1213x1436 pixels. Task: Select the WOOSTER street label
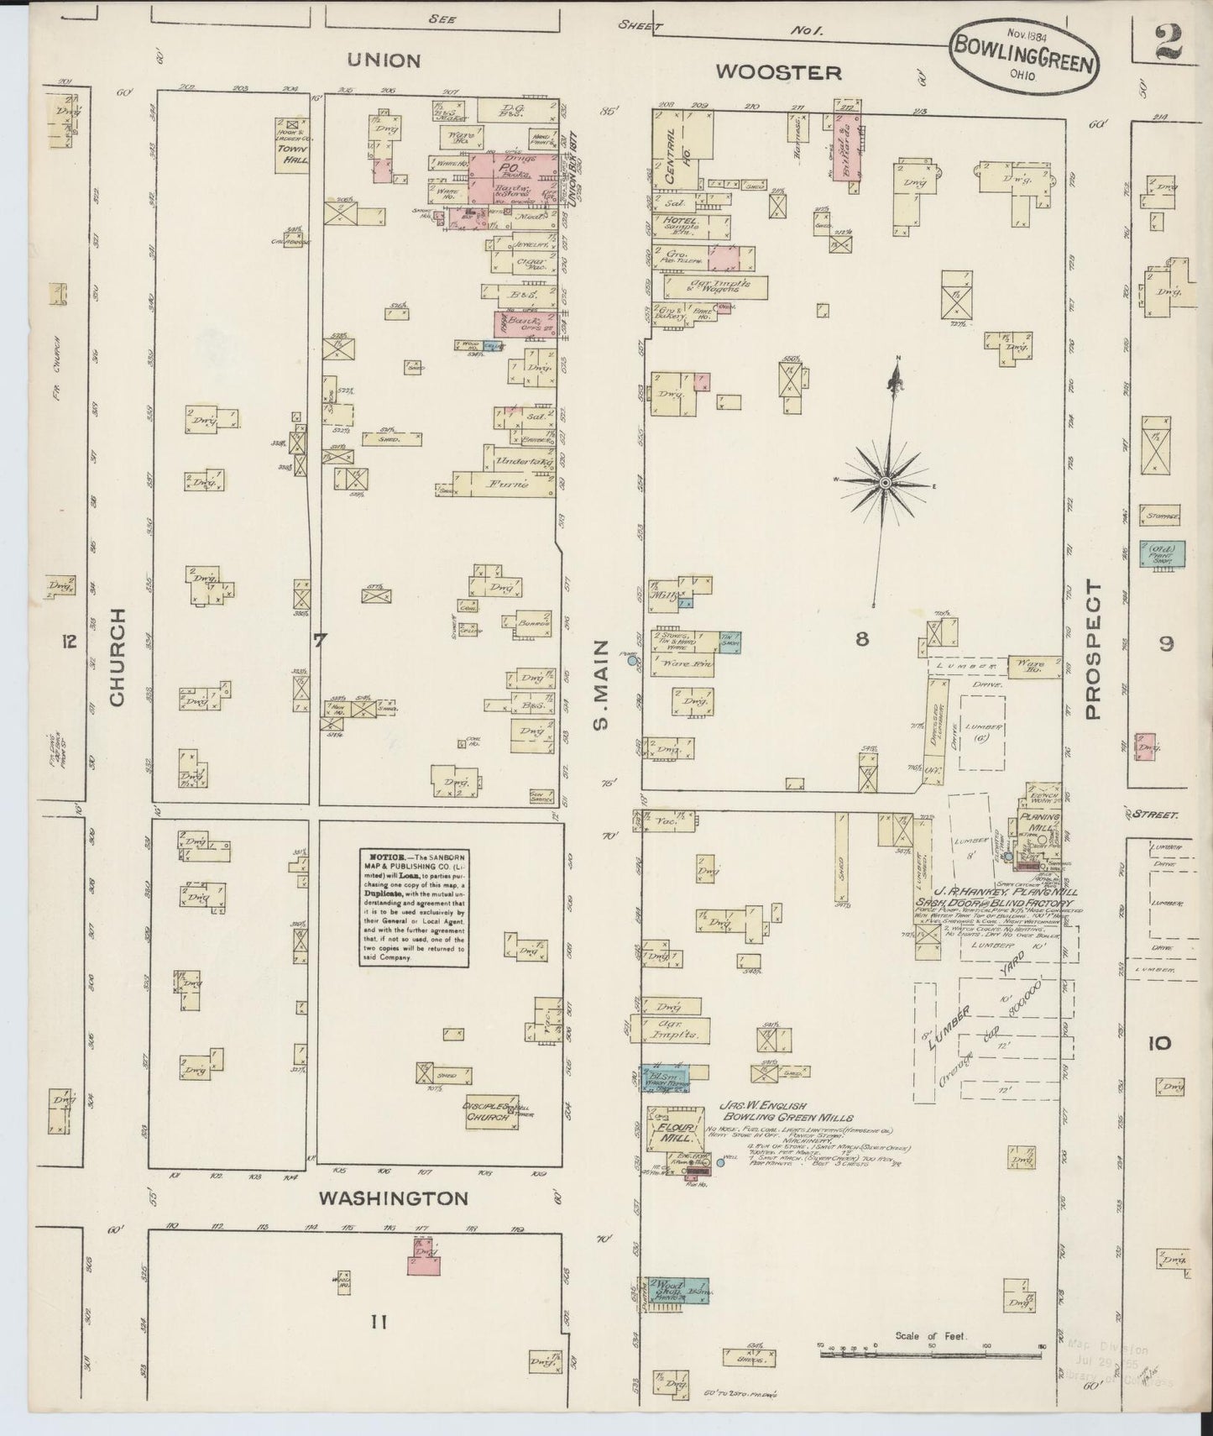pyautogui.click(x=777, y=72)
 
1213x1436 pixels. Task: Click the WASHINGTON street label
pyautogui.click(x=393, y=1198)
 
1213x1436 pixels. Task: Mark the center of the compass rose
pyautogui.click(x=885, y=482)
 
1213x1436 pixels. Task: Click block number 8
pyautogui.click(x=861, y=639)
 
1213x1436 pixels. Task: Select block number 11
pyautogui.click(x=378, y=1323)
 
